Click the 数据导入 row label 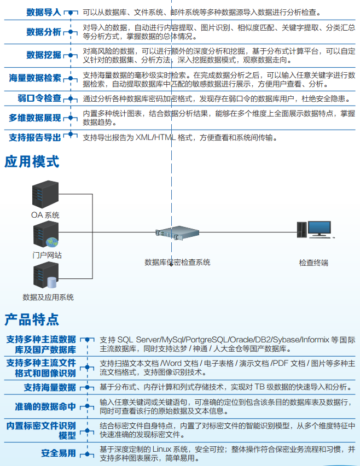tap(44, 11)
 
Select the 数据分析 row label tap(44, 32)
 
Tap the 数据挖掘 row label tap(44, 55)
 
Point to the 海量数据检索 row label tap(35, 78)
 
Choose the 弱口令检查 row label tap(39, 98)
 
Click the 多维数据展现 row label tap(35, 118)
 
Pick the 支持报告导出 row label tap(35, 137)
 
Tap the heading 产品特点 tap(32, 319)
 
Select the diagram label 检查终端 tap(313, 263)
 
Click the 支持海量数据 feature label tap(50, 387)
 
